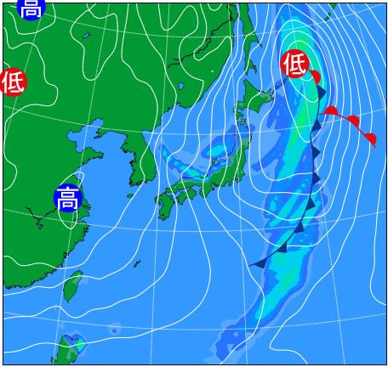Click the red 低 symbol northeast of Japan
[x=294, y=63]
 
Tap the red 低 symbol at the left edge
[x=13, y=82]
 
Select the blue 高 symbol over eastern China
[x=68, y=199]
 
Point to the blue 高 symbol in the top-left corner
[x=31, y=8]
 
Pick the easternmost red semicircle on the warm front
[x=369, y=138]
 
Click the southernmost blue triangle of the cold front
[x=258, y=263]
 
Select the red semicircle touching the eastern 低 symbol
[x=315, y=77]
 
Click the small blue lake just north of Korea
[x=181, y=88]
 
